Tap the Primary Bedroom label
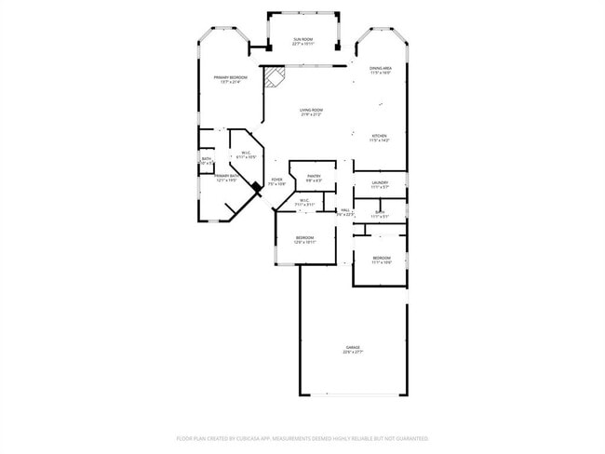(230, 77)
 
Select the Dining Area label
(380, 68)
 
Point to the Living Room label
(311, 110)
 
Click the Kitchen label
(380, 136)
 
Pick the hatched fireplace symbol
(273, 78)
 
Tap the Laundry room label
(380, 182)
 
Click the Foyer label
(276, 180)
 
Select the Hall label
(345, 210)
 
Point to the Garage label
(353, 347)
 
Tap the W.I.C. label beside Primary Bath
(246, 154)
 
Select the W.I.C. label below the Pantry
(304, 199)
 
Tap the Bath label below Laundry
(380, 212)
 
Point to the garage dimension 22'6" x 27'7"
(353, 353)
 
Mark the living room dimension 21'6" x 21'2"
(311, 115)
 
